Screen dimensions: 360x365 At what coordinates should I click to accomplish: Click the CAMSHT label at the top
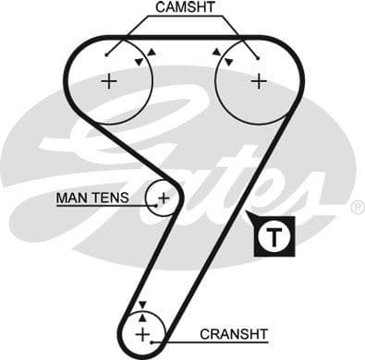pos(184,7)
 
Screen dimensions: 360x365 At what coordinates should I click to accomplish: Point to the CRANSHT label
pos(234,334)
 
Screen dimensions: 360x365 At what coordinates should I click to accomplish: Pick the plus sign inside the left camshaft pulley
pos(109,81)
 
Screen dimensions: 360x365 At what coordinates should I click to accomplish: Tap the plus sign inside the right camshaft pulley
pos(258,81)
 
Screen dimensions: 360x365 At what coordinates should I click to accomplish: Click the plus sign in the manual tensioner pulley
pos(164,197)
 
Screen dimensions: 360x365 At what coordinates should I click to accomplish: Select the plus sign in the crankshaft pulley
pos(142,333)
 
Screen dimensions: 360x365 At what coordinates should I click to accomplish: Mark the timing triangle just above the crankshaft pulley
pos(142,306)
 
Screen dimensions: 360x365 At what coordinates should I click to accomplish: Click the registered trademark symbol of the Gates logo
pos(357,209)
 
